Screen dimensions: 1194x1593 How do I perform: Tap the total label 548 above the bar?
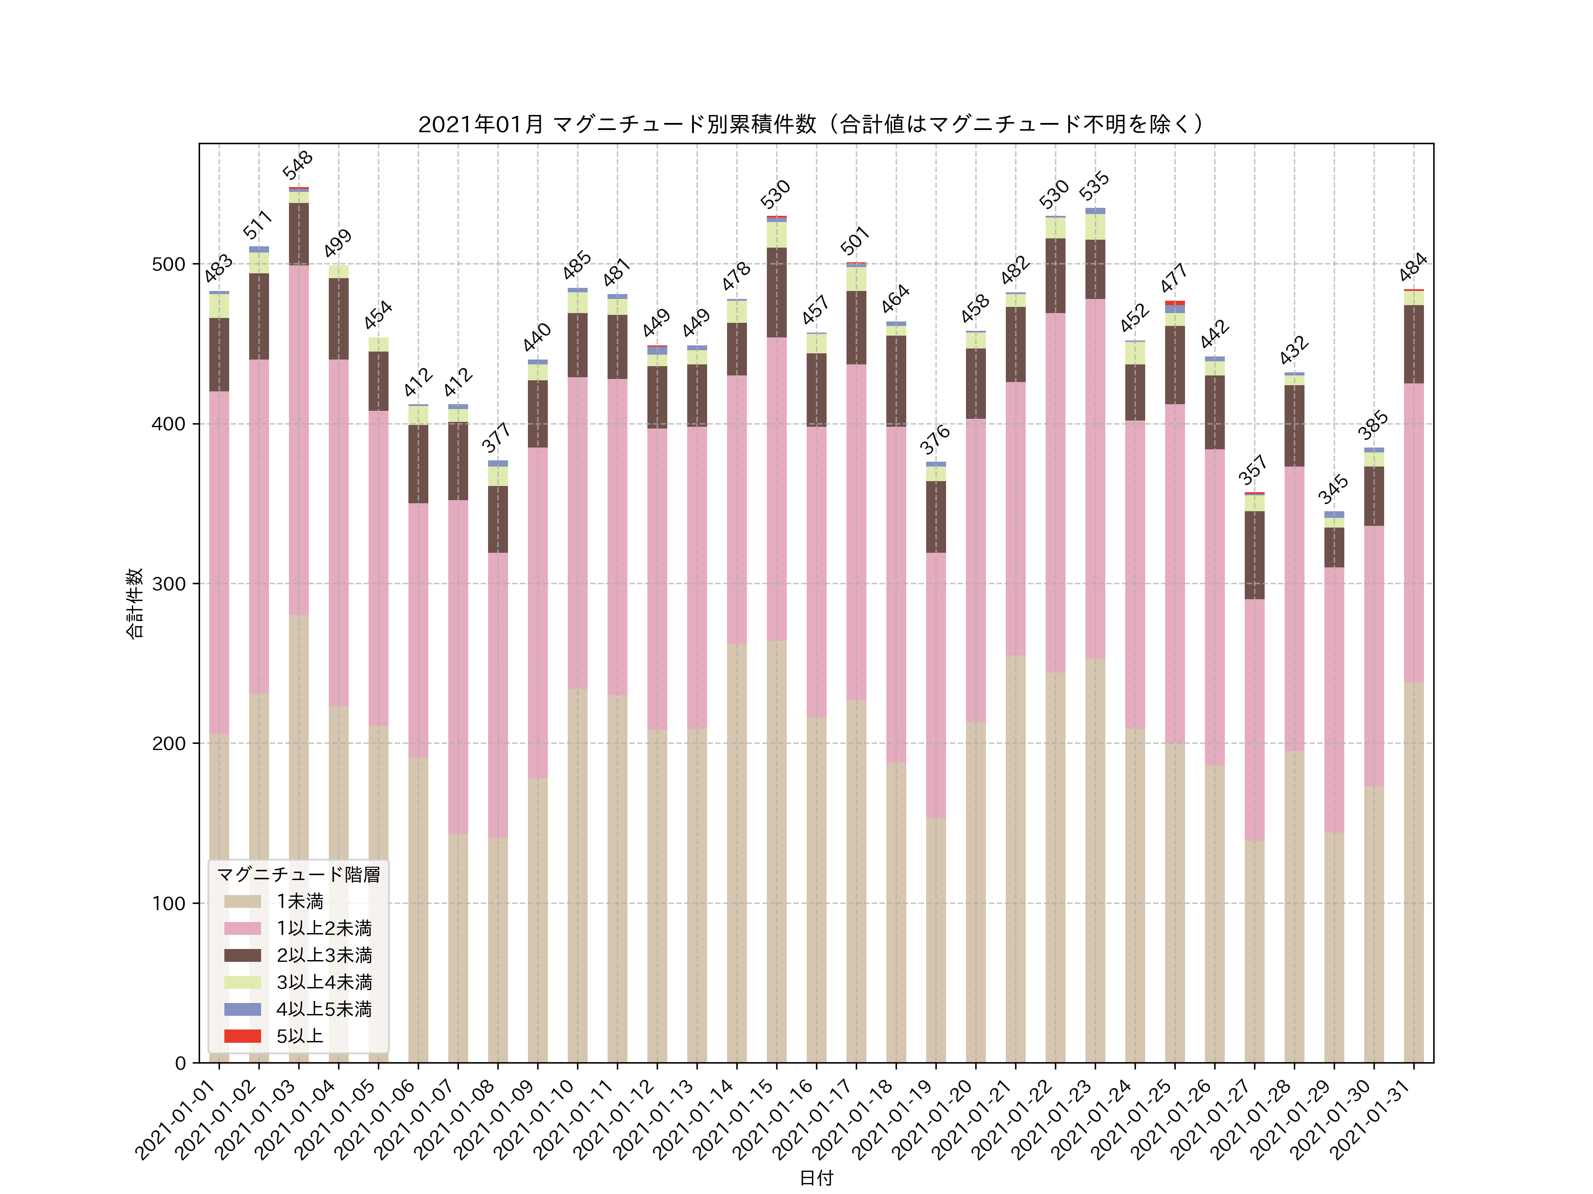click(297, 165)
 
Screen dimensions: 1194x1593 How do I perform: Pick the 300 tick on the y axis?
click(169, 584)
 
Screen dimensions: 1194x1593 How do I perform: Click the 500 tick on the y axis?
click(169, 264)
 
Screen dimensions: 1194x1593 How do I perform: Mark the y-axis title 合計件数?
click(135, 603)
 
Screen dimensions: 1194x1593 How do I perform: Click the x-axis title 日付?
click(816, 1178)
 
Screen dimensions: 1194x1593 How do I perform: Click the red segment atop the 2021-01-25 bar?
click(1174, 303)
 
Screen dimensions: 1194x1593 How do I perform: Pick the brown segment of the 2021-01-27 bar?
click(1254, 555)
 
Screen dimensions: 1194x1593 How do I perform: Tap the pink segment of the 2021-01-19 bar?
click(935, 685)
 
